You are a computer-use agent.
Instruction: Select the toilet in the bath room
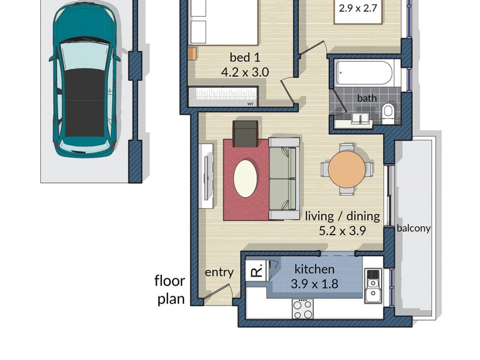tap(388, 110)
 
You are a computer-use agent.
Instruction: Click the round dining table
tap(346, 169)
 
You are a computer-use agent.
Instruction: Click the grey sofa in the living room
tap(284, 178)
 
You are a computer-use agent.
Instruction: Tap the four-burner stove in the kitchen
tap(302, 308)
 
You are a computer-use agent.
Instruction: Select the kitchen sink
tap(374, 286)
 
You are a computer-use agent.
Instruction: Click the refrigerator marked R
tap(256, 271)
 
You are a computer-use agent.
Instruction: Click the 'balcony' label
tap(413, 229)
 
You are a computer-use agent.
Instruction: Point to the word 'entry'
tap(219, 272)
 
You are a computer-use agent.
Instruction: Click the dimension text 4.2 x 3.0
tap(245, 72)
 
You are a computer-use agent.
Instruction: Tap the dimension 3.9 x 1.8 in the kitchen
tap(314, 284)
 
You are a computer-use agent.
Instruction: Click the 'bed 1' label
tap(245, 58)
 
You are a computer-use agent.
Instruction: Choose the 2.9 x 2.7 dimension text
tap(358, 9)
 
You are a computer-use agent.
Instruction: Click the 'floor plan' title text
tap(170, 290)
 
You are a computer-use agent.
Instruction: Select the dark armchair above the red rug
tap(246, 133)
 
